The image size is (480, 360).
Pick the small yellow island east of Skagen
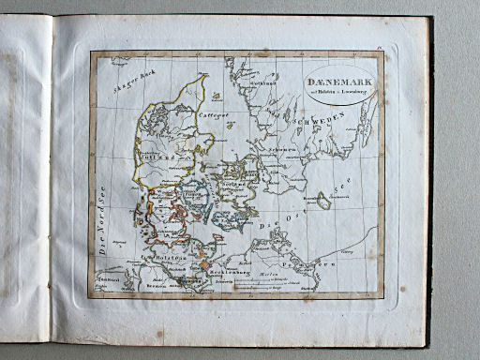pyautogui.click(x=217, y=95)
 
